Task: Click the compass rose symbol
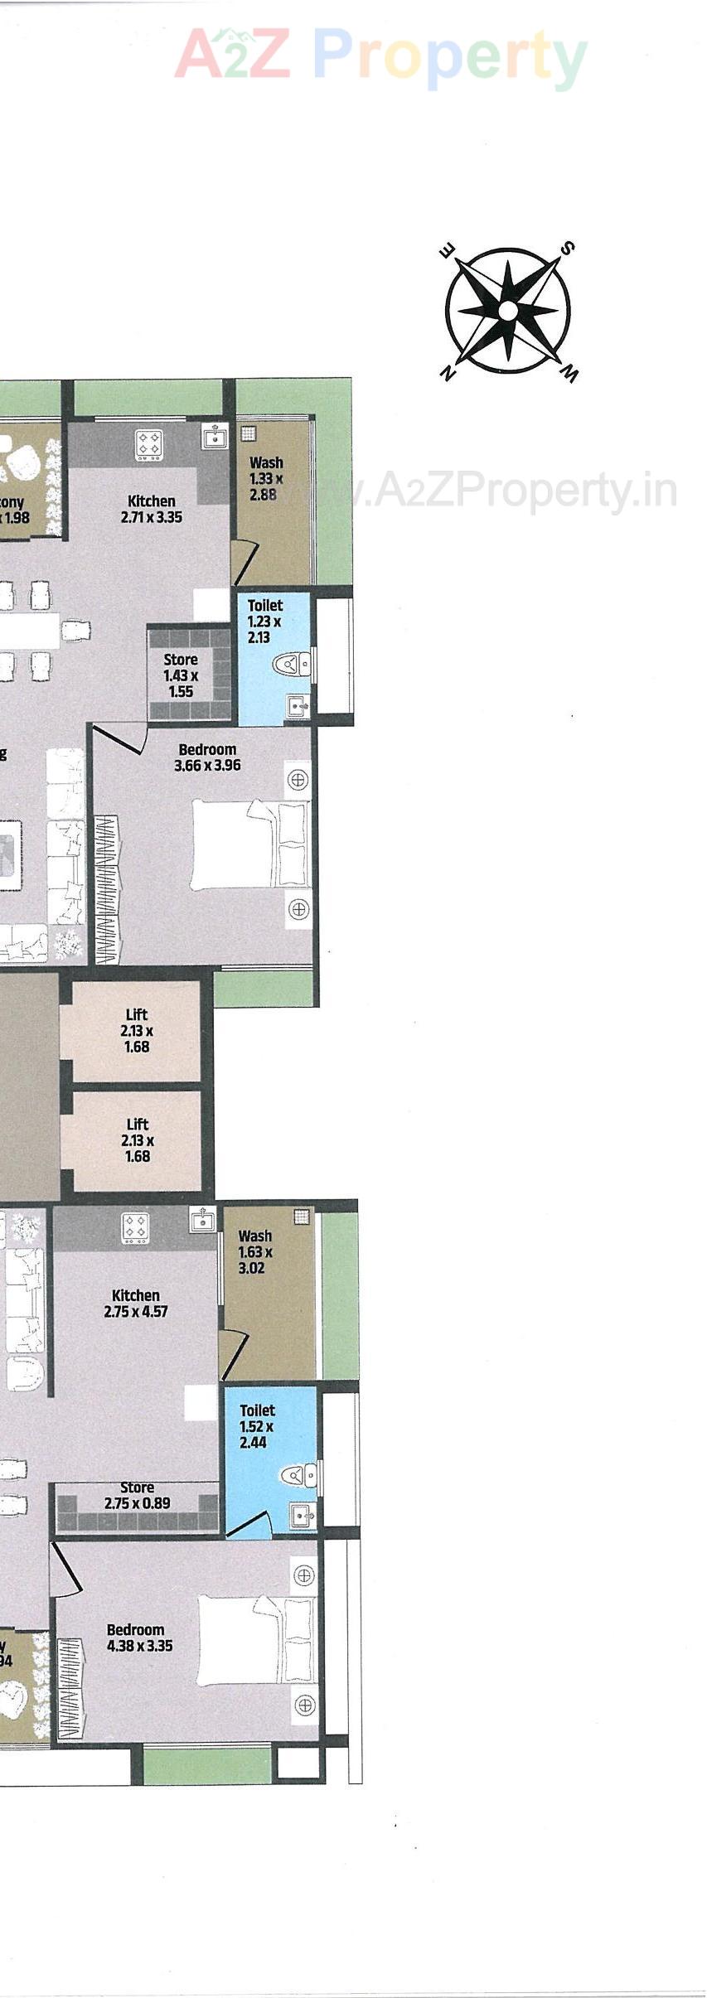507,311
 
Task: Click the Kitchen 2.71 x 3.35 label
152,509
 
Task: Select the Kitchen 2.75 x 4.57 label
136,1303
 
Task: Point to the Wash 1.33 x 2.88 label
266,478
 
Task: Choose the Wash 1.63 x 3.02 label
255,1251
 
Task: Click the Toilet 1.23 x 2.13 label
265,621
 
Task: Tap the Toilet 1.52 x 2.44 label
257,1425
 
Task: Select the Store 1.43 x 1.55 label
181,675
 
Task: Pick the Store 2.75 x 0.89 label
138,1496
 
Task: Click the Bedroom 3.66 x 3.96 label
207,757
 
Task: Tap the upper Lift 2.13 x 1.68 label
137,1030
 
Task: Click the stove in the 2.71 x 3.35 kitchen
150,443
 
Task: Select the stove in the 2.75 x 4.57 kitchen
135,1227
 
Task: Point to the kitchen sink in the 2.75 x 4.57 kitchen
202,1220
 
